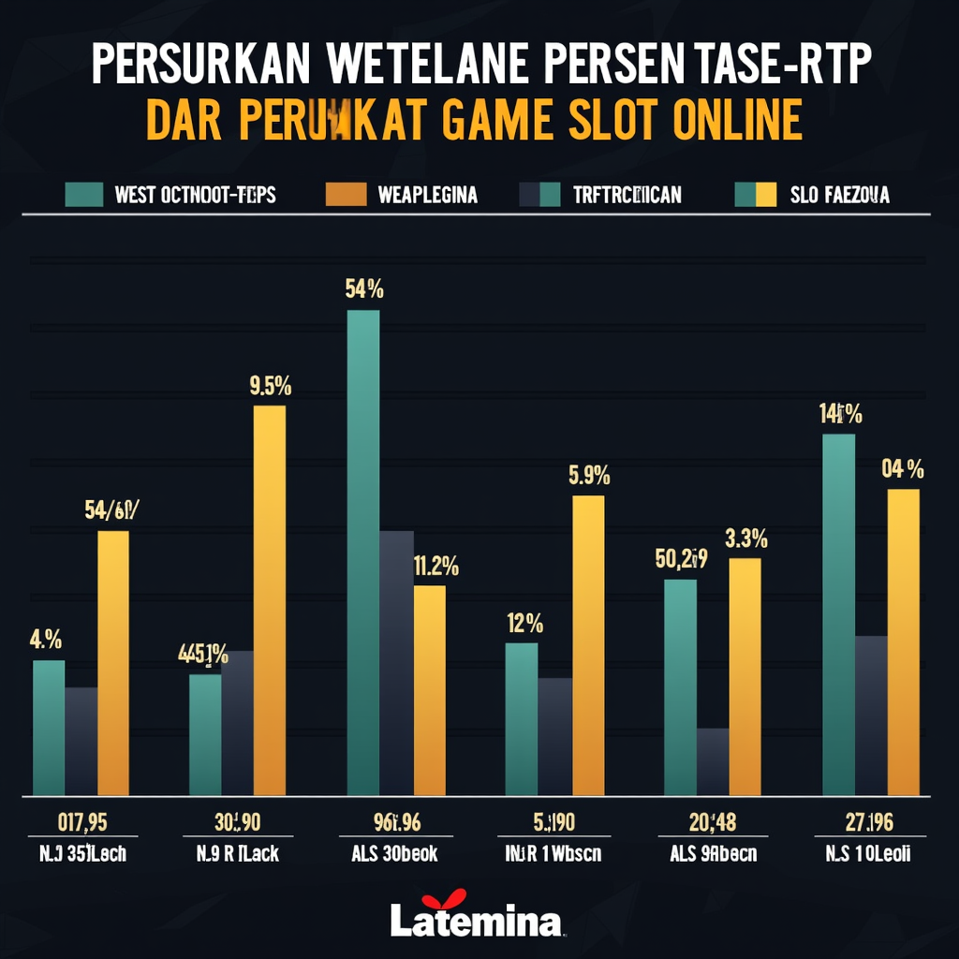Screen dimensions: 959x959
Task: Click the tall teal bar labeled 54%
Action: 363,553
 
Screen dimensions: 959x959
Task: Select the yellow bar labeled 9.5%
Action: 270,599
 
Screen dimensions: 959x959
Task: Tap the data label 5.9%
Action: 589,476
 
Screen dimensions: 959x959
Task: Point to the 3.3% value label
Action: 746,539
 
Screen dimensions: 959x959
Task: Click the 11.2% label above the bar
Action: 435,566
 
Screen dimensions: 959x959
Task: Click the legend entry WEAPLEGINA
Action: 427,195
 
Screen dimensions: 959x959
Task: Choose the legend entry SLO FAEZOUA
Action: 839,195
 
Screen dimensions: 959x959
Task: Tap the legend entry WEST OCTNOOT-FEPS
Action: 194,195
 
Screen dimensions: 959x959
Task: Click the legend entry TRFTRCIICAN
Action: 627,195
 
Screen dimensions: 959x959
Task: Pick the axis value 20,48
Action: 713,822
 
